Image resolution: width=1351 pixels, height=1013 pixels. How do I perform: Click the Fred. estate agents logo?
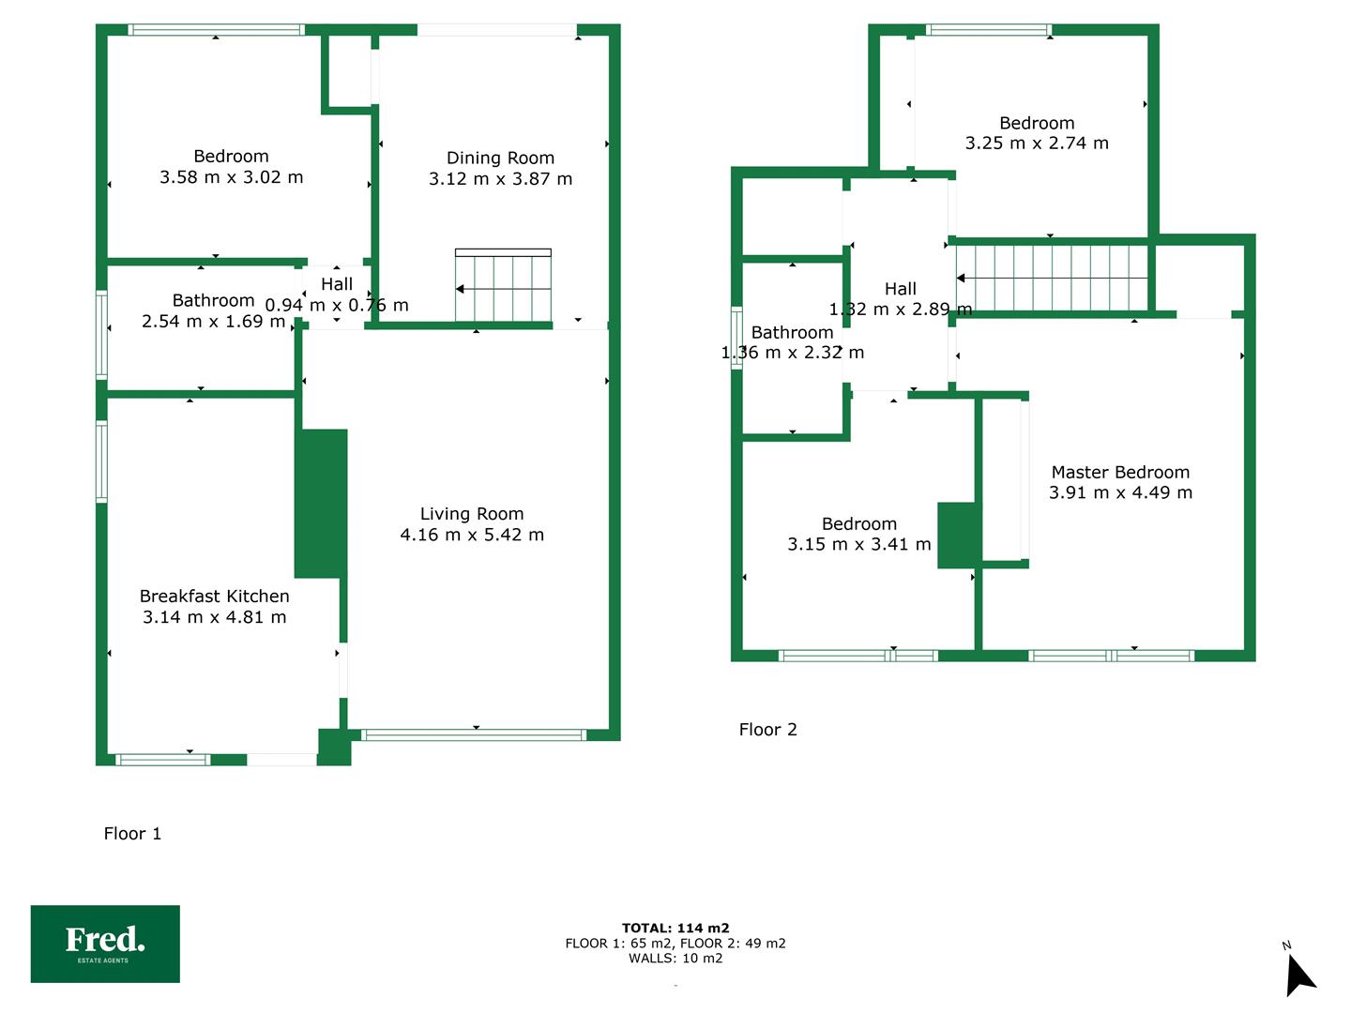(x=105, y=944)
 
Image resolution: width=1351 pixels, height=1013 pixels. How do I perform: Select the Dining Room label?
(x=500, y=159)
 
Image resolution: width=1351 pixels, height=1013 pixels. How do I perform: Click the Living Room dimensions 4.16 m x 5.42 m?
(x=472, y=535)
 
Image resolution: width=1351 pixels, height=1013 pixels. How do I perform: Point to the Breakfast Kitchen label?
(x=214, y=596)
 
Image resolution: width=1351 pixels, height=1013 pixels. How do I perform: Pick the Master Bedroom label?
(x=1120, y=473)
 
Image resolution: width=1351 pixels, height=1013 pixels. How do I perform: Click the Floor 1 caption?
(x=132, y=834)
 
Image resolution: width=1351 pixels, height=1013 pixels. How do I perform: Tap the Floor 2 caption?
(x=767, y=730)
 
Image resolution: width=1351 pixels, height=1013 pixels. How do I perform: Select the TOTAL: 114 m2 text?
(x=675, y=929)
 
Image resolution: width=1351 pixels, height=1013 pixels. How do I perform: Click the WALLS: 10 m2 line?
(x=675, y=958)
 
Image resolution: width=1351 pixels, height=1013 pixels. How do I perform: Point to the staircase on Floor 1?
(x=503, y=285)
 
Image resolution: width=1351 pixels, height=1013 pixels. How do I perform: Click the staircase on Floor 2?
(x=1052, y=278)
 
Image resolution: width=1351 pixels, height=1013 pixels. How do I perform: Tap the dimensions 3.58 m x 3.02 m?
(x=232, y=177)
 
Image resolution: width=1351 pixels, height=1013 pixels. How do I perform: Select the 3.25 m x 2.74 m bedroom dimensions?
(x=1037, y=144)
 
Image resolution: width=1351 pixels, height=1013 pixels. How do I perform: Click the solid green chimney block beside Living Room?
(x=321, y=504)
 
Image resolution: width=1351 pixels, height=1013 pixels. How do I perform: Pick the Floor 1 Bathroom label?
(x=213, y=300)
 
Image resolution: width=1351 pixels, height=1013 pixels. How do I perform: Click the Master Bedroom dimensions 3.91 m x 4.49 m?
(x=1120, y=492)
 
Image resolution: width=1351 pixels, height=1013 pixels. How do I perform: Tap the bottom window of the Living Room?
(x=473, y=734)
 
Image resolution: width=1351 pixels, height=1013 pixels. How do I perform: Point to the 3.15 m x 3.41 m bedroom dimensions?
(x=858, y=544)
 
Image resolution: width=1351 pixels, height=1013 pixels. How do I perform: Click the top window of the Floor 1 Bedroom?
(x=216, y=29)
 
